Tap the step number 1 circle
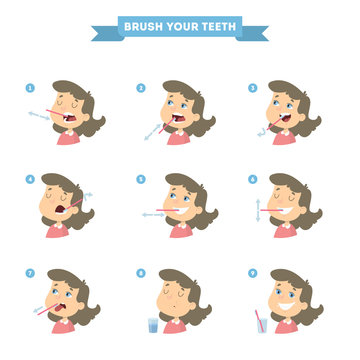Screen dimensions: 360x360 [30, 87]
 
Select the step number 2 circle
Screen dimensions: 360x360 [140, 87]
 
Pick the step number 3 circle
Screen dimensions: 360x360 [252, 87]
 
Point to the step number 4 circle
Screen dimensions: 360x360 [30, 180]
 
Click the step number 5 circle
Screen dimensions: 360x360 [140, 180]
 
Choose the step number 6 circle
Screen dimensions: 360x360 [252, 180]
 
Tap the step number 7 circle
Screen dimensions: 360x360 [30, 272]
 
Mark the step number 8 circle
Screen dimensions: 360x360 [140, 272]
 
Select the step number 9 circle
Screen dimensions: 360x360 [252, 272]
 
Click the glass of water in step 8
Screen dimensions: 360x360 [153, 325]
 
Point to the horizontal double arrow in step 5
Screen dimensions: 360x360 [153, 214]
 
